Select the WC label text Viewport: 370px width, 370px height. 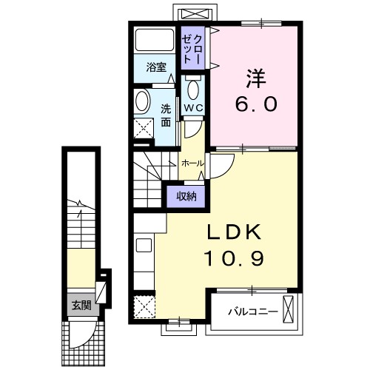(193, 108)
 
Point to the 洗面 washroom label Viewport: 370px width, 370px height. (166, 115)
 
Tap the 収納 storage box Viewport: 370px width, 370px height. (186, 195)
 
